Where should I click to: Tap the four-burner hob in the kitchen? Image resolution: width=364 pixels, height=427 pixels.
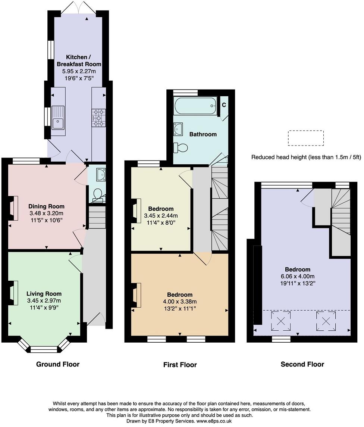[98, 116]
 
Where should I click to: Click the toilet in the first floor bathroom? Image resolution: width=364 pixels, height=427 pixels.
[181, 148]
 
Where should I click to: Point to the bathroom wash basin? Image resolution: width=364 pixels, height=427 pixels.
[178, 129]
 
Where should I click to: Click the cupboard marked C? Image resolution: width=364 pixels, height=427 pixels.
[224, 105]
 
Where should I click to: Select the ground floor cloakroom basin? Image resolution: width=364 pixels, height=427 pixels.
[100, 174]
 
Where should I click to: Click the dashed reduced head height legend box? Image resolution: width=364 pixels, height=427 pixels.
[305, 138]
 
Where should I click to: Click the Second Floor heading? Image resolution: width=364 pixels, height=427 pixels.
[302, 364]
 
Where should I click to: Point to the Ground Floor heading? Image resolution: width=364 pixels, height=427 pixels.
[58, 364]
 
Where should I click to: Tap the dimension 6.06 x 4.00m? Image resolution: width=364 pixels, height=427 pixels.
[298, 276]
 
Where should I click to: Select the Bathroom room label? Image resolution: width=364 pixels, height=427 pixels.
[203, 134]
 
